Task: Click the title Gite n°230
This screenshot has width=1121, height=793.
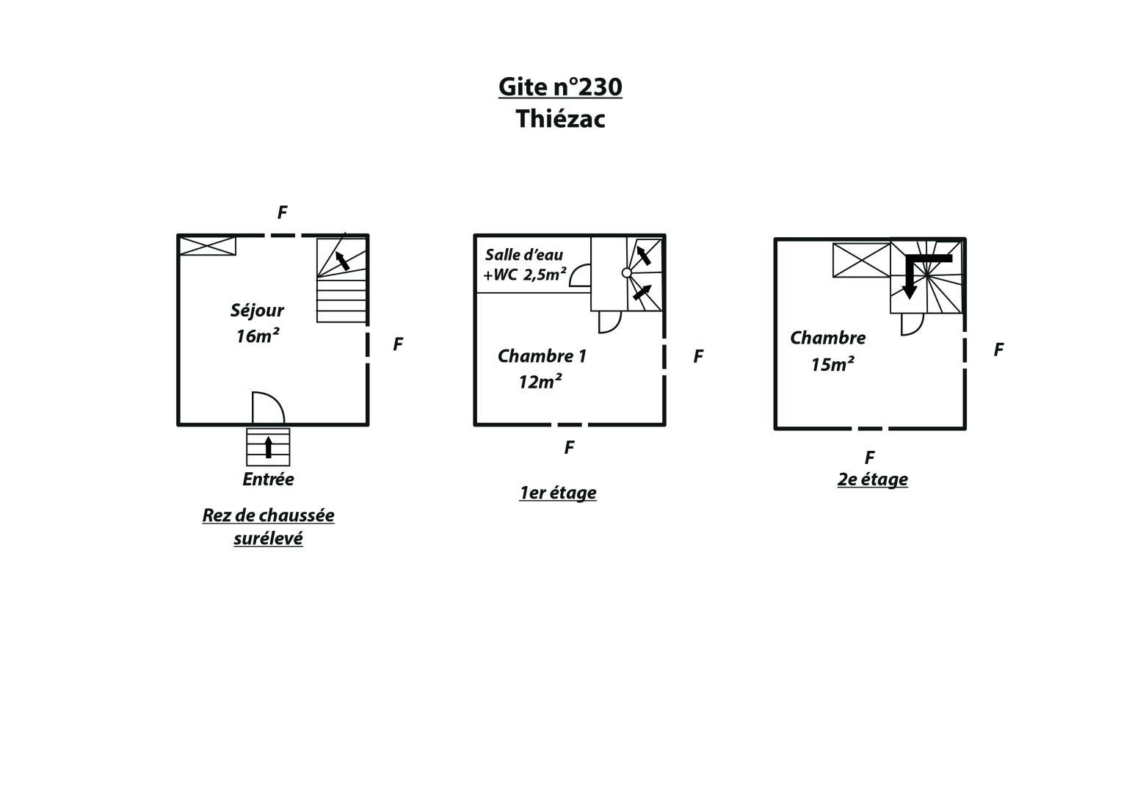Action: (x=560, y=87)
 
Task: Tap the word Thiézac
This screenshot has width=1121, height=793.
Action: (x=561, y=119)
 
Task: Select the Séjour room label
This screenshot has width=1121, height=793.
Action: (x=257, y=311)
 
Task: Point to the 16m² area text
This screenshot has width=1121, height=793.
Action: (x=257, y=336)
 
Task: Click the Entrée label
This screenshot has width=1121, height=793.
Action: (x=268, y=479)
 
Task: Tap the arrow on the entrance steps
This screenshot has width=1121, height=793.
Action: (x=268, y=447)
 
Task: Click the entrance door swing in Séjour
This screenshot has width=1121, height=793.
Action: (x=268, y=408)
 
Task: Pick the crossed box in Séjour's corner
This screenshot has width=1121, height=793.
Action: (x=208, y=246)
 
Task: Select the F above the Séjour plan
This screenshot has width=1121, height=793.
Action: (x=282, y=213)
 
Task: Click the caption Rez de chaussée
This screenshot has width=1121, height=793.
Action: (x=268, y=515)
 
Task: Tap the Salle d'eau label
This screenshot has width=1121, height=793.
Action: (x=524, y=255)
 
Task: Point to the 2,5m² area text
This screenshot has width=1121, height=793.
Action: (x=545, y=275)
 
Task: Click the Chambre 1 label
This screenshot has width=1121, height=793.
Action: (x=542, y=356)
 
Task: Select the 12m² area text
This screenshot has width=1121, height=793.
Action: (x=540, y=382)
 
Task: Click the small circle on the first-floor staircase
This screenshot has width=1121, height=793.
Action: (x=626, y=273)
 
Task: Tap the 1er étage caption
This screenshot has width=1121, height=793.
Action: (x=557, y=493)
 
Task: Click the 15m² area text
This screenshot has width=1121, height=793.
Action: (x=832, y=364)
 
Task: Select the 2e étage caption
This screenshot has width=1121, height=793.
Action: (x=872, y=479)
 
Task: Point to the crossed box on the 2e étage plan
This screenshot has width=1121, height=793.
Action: (x=861, y=261)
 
